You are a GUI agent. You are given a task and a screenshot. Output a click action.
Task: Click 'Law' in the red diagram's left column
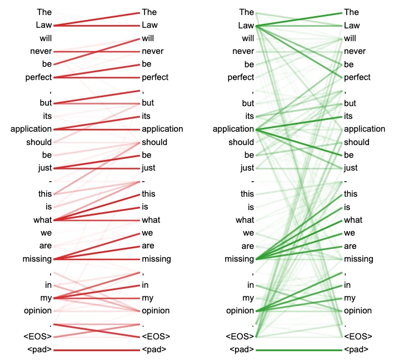pyautogui.click(x=44, y=25)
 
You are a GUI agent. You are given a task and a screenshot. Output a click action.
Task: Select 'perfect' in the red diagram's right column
pyautogui.click(x=155, y=77)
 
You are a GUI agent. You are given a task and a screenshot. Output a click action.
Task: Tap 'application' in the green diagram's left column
pyautogui.click(x=233, y=129)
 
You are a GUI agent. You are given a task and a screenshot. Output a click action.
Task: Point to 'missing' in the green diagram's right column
pyautogui.click(x=358, y=259)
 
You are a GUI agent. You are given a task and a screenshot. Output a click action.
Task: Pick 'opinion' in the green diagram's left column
pyautogui.click(x=240, y=311)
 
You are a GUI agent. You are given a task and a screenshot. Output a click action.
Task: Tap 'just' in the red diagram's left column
pyautogui.click(x=45, y=168)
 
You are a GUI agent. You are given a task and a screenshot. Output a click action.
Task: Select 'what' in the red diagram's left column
pyautogui.click(x=43, y=220)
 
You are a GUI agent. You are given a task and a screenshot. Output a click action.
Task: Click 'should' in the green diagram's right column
pyautogui.click(x=357, y=142)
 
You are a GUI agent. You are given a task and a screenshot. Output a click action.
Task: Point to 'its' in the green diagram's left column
pyautogui.click(x=248, y=116)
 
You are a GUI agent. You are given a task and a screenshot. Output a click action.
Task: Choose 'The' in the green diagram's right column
pyautogui.click(x=352, y=12)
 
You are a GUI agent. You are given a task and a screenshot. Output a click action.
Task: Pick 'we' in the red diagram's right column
pyautogui.click(x=148, y=233)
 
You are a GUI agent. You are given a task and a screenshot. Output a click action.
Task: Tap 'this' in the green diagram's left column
pyautogui.click(x=247, y=194)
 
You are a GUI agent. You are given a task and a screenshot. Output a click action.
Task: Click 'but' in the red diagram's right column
pyautogui.click(x=148, y=103)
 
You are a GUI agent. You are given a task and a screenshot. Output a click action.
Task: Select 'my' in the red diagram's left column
pyautogui.click(x=46, y=298)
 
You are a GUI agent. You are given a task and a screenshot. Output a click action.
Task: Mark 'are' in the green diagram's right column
pyautogui.click(x=351, y=246)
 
